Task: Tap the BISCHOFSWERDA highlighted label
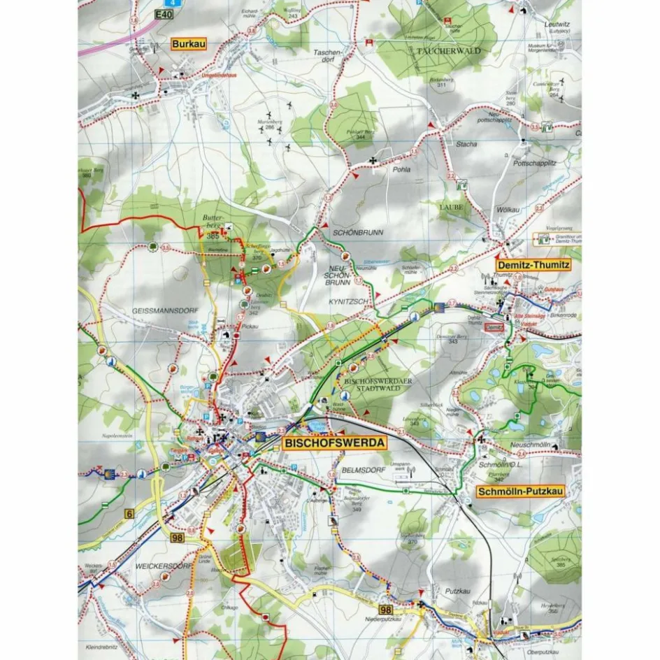coord(334,443)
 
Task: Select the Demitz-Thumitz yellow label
coord(533,266)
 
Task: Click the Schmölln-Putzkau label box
coord(520,492)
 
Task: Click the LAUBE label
coord(452,208)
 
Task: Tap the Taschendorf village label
coord(327,57)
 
